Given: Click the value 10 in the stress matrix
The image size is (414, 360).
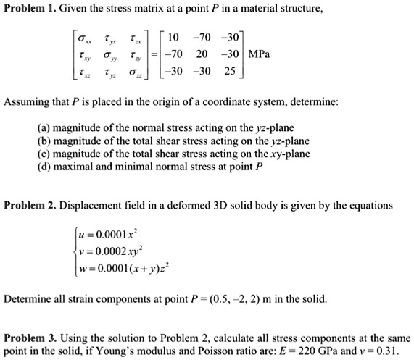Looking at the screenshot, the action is (174, 35).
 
